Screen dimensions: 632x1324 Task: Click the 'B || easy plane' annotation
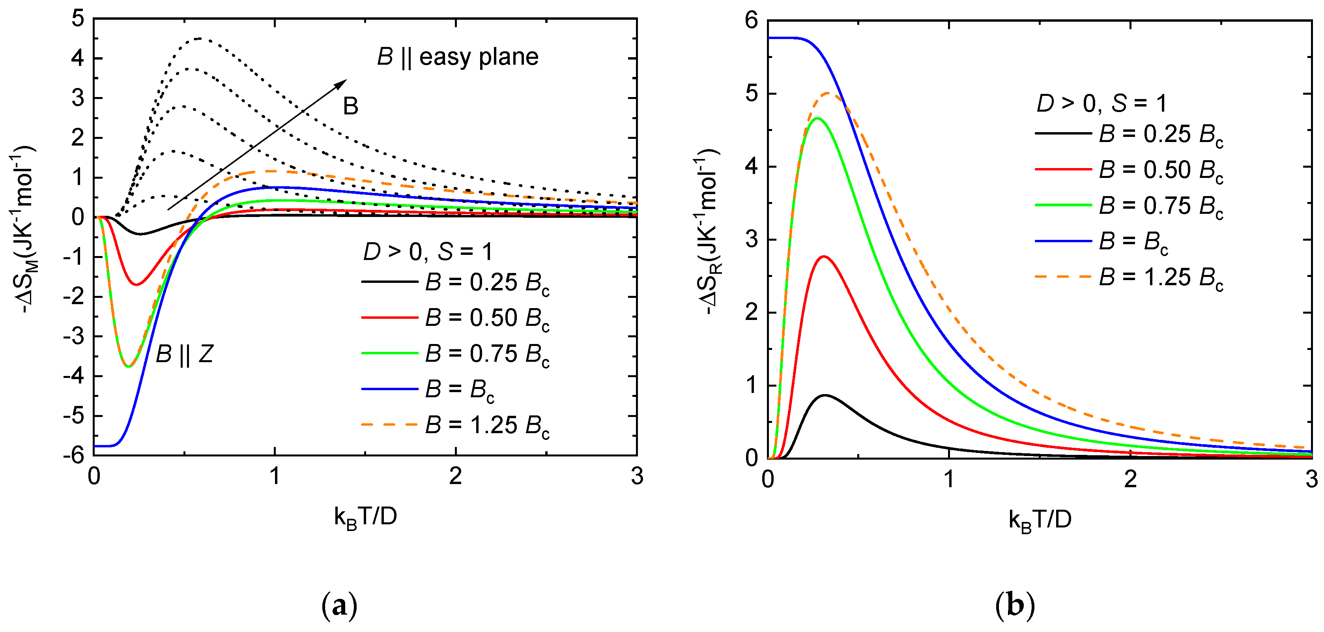[457, 56]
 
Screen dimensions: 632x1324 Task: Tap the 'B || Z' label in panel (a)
[184, 354]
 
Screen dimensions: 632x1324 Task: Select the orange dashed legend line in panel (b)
[1062, 277]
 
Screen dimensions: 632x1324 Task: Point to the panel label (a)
[339, 606]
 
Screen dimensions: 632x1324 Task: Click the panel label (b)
[1015, 606]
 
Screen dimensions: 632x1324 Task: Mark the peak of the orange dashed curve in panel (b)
[828, 93]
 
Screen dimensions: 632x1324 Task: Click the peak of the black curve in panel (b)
[825, 395]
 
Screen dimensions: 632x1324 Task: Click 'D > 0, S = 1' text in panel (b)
[1101, 104]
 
